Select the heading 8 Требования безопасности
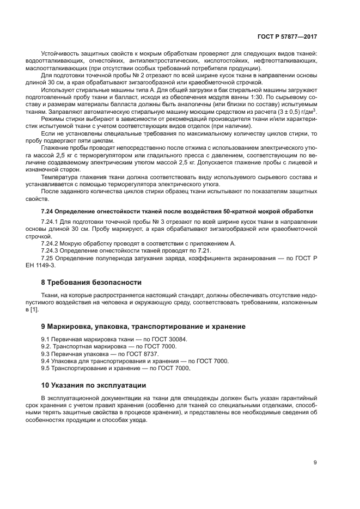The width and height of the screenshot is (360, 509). coord(91,283)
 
